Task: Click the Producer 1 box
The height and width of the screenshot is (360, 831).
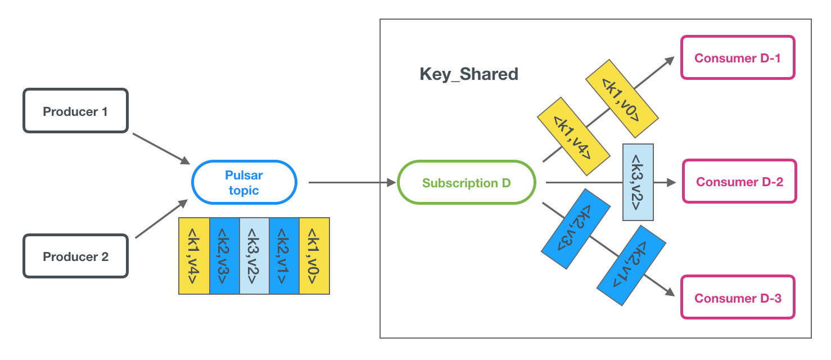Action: [x=75, y=111]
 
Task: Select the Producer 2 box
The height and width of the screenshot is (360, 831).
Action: [x=75, y=256]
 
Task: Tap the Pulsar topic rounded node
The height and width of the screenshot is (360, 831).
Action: [x=244, y=183]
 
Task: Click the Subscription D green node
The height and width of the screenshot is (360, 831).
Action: [x=466, y=183]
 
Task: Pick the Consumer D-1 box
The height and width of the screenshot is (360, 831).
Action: [x=737, y=58]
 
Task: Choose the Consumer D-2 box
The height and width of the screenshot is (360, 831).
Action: [x=739, y=182]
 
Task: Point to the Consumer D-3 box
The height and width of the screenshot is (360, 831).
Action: [x=738, y=298]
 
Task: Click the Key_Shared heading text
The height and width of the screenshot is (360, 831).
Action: [x=469, y=74]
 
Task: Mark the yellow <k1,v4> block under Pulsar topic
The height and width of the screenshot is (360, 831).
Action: [x=194, y=256]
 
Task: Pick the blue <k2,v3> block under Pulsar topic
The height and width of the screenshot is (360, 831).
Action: [x=224, y=256]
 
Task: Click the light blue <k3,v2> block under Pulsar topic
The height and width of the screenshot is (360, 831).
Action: [x=254, y=256]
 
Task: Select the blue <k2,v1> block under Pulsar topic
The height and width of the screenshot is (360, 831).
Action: [x=284, y=256]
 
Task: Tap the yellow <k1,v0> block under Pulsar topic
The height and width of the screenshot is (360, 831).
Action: [x=314, y=256]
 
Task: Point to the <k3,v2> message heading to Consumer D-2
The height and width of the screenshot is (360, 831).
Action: [x=638, y=182]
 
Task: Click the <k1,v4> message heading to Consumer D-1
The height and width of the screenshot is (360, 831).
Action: [x=573, y=137]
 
